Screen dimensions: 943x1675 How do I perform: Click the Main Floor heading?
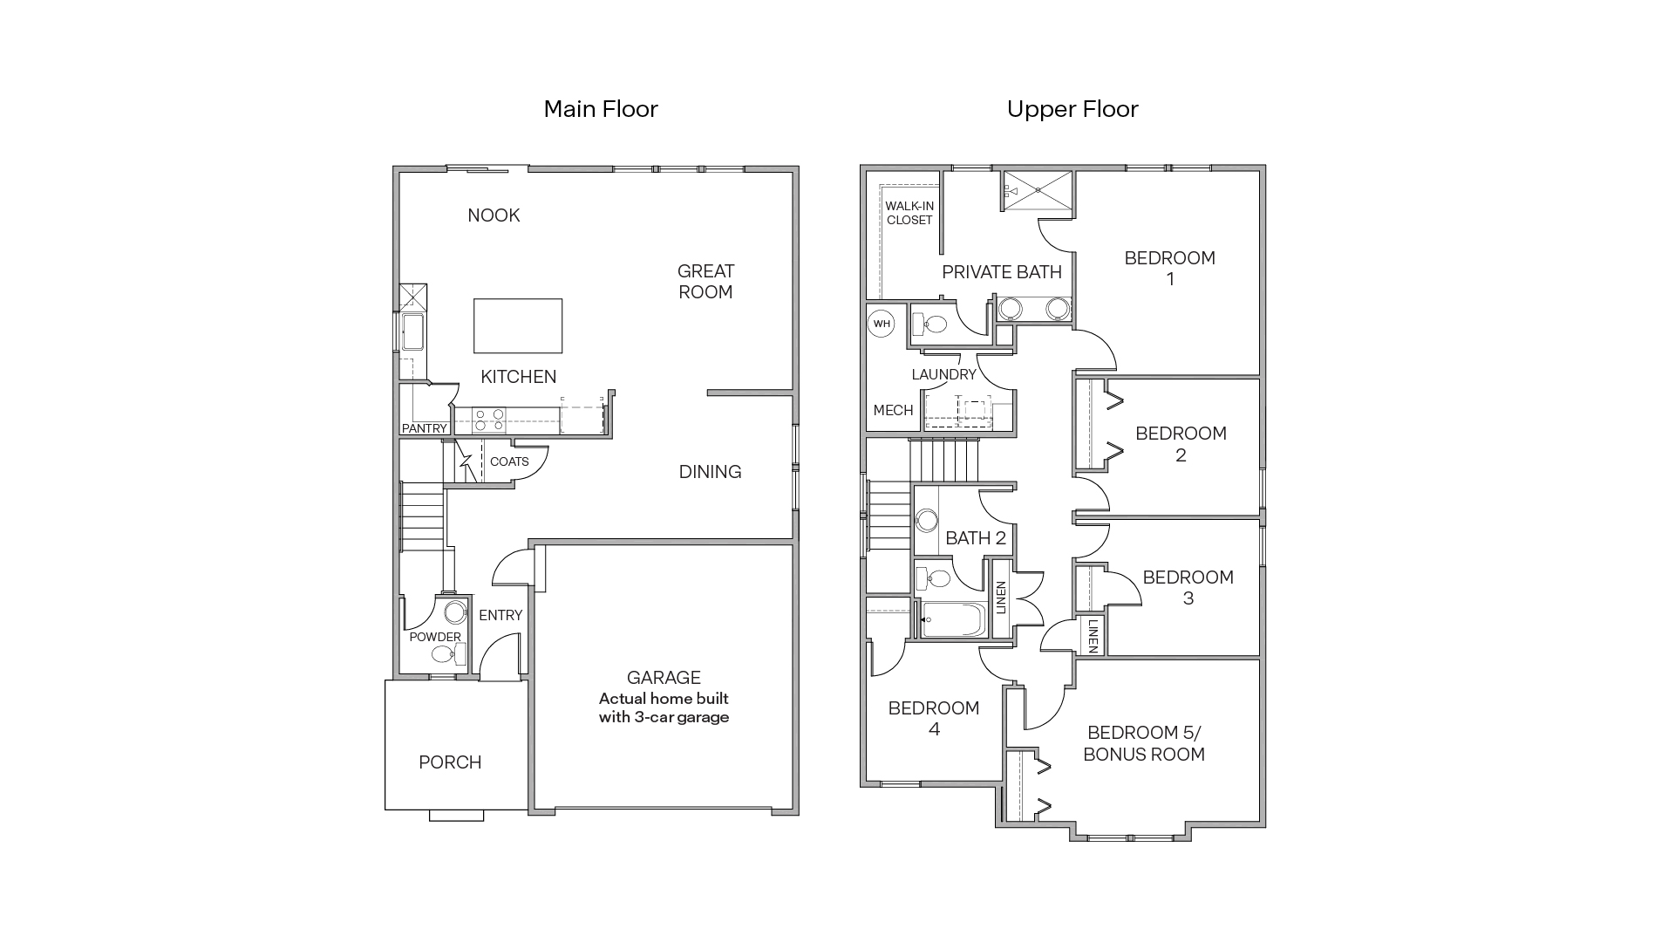pos(601,109)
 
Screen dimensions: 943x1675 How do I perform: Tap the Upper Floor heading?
pos(1072,109)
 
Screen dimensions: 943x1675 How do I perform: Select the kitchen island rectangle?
pos(518,325)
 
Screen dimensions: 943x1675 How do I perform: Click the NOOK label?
pos(494,215)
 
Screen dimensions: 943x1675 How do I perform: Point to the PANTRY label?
pos(424,428)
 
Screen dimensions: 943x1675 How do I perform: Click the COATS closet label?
pos(509,461)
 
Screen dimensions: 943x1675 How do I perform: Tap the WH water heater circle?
pos(882,324)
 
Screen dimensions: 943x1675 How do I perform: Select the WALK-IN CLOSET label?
pos(909,213)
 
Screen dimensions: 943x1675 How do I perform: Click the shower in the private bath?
pos(1038,191)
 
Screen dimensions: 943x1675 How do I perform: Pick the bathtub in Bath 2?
pos(954,619)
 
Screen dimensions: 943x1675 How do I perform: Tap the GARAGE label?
pos(664,678)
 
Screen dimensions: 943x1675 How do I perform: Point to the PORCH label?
pos(450,762)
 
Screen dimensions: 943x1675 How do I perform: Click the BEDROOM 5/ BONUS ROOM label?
pos(1144,743)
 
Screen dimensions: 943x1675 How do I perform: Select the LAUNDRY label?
pos(943,374)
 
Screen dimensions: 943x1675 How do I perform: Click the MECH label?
pos(893,410)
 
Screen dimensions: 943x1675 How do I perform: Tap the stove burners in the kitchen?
pos(488,420)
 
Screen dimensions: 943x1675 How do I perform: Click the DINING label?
pos(710,472)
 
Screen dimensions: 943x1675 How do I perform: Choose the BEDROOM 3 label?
pos(1188,587)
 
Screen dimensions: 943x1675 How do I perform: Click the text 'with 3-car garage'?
pos(664,718)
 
